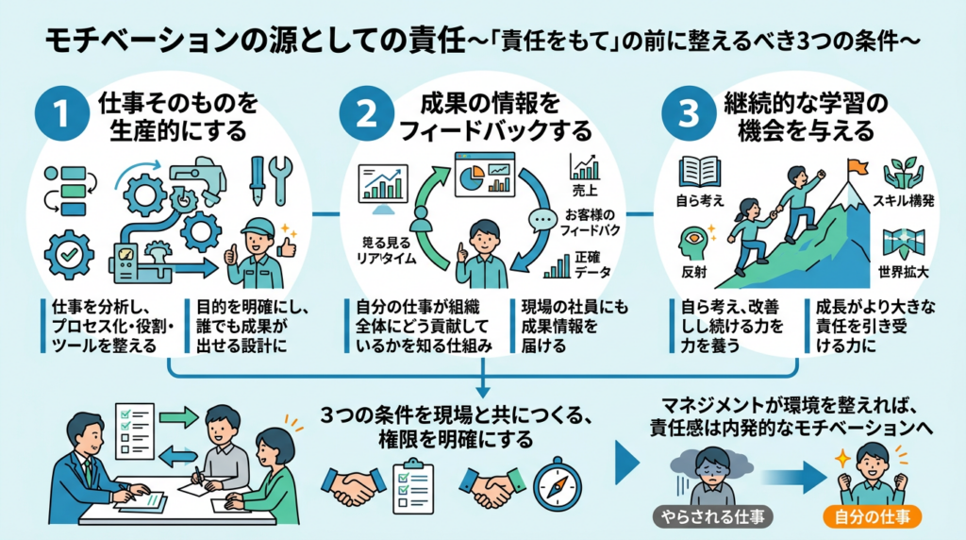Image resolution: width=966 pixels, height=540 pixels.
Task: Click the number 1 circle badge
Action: click(x=59, y=113)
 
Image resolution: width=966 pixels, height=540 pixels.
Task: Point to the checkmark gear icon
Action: click(x=69, y=253)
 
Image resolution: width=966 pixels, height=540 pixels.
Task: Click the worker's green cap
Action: click(x=257, y=227)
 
